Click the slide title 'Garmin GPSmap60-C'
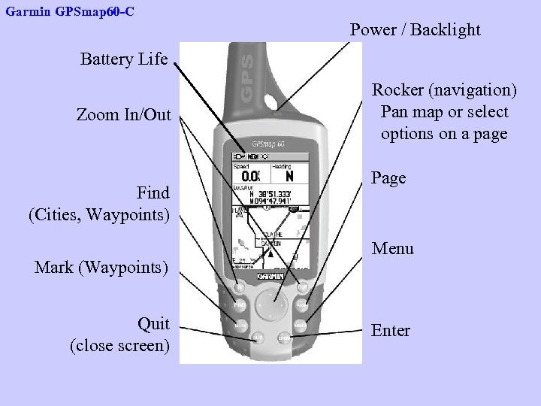[70, 12]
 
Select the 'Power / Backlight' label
[415, 30]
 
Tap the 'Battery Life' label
[124, 59]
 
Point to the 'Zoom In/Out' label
[124, 115]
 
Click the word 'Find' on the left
[153, 192]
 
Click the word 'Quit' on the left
[153, 324]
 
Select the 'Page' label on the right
[388, 178]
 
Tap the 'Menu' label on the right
[393, 248]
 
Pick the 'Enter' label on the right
[391, 331]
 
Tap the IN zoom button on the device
[239, 286]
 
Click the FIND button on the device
[239, 306]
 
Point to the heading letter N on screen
[290, 175]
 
